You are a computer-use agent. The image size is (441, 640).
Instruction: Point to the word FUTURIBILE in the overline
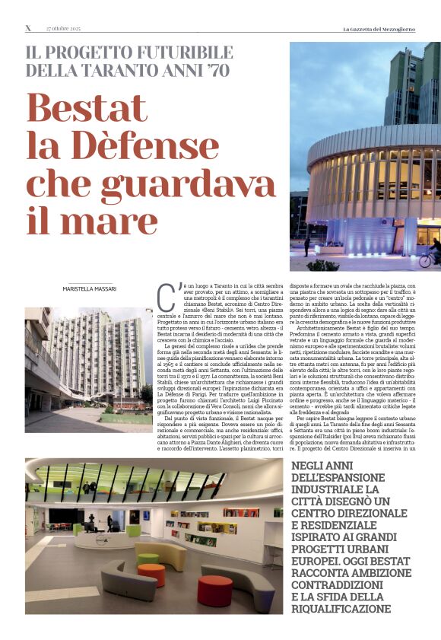(x=178, y=52)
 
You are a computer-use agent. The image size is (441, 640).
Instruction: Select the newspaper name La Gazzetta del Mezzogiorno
(x=391, y=28)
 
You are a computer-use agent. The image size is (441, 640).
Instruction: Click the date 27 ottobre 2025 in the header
(x=63, y=28)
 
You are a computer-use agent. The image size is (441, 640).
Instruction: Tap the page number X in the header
(x=28, y=28)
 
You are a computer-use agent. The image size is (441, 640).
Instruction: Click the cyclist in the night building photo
(x=430, y=253)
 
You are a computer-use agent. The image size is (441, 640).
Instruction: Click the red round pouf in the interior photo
(x=214, y=590)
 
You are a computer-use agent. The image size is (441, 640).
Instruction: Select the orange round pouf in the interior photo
(x=151, y=574)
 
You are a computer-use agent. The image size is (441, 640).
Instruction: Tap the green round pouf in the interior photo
(x=148, y=559)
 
